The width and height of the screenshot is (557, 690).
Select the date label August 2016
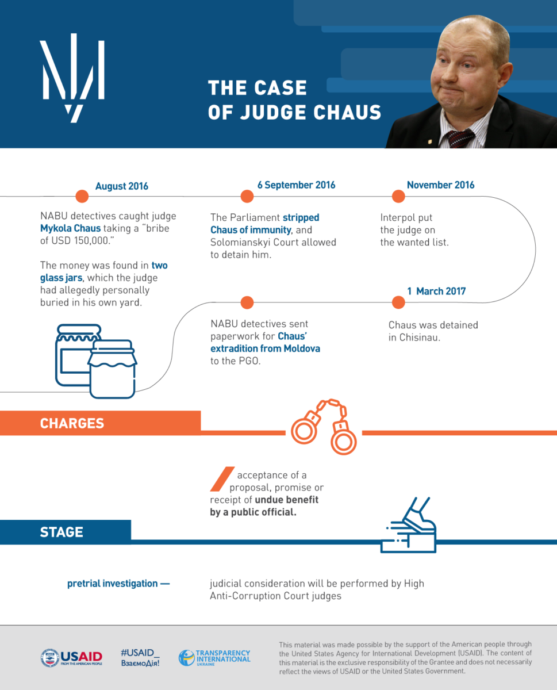pyautogui.click(x=122, y=186)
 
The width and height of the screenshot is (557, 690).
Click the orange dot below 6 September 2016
pyautogui.click(x=247, y=197)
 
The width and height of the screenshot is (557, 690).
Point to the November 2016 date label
pyautogui.click(x=440, y=185)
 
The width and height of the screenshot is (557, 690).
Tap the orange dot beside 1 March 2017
pyautogui.click(x=398, y=303)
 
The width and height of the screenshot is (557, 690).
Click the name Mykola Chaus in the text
pyautogui.click(x=70, y=228)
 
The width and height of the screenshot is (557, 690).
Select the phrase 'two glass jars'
pyautogui.click(x=103, y=272)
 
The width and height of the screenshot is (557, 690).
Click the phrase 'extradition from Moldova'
pyautogui.click(x=266, y=349)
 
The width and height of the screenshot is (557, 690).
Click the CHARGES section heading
pyautogui.click(x=72, y=424)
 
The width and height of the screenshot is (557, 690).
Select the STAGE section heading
pyautogui.click(x=62, y=532)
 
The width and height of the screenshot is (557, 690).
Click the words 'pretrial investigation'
pyautogui.click(x=113, y=584)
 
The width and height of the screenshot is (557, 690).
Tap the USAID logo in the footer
pyautogui.click(x=71, y=658)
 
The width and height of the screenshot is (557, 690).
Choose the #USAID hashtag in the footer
pyautogui.click(x=140, y=653)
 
